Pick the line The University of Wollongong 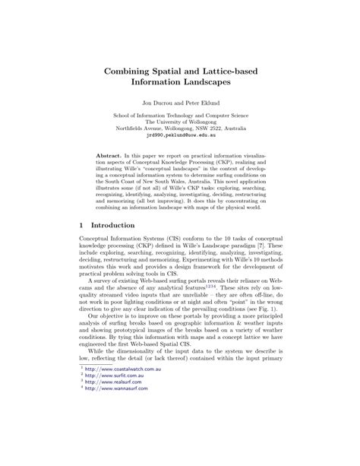pos(179,120)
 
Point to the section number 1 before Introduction pos(81,227)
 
